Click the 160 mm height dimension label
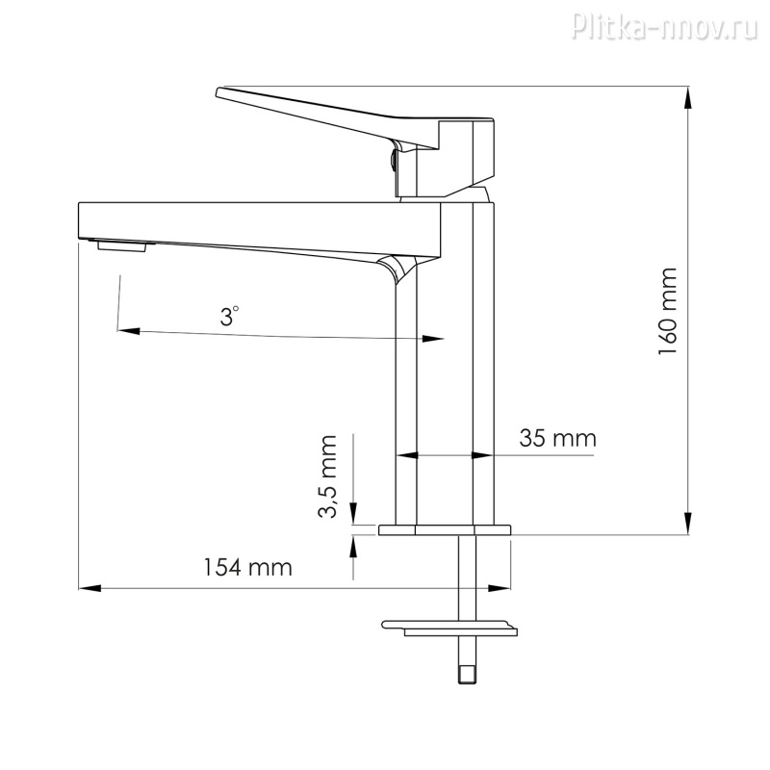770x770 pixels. tap(668, 312)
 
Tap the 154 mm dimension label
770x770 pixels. tap(248, 567)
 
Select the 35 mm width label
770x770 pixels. tap(558, 438)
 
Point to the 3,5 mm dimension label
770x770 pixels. tap(327, 476)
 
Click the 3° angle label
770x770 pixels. tap(229, 317)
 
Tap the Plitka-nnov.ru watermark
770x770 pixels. tap(665, 26)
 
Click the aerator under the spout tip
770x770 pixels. tap(122, 246)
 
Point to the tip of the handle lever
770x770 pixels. tap(218, 91)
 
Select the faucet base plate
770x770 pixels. tap(445, 530)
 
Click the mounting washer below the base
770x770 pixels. tap(449, 629)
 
